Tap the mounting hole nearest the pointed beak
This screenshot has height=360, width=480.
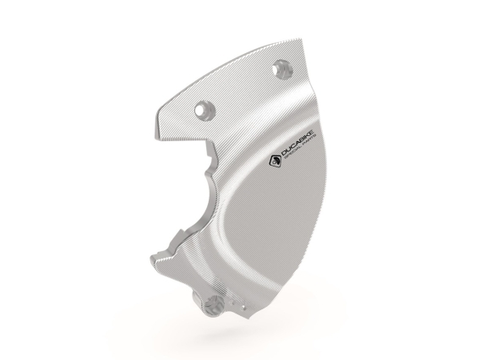pos(202,108)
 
